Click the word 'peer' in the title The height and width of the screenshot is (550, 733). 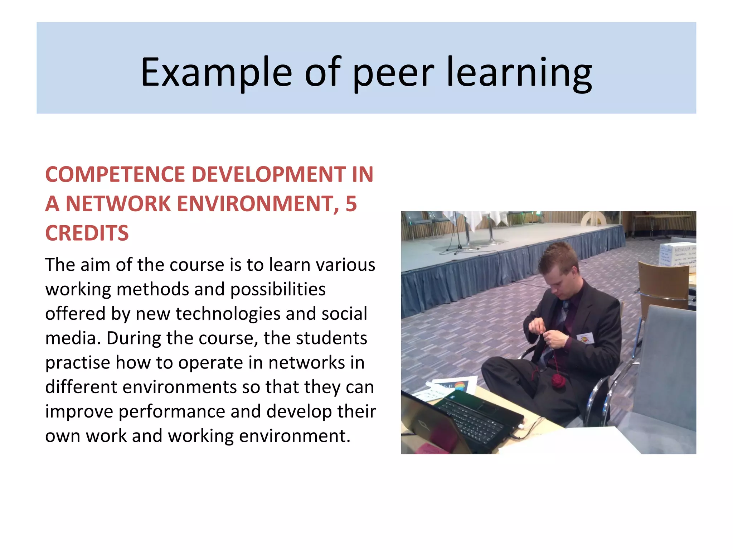[x=393, y=73]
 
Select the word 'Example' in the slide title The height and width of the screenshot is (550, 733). [x=216, y=73]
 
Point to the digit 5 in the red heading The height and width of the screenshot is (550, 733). [x=351, y=204]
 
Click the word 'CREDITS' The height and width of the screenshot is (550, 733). [x=87, y=233]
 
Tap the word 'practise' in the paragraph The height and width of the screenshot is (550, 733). [x=77, y=363]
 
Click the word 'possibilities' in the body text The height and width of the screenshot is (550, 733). [x=278, y=289]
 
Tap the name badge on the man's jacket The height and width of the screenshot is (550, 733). [x=585, y=338]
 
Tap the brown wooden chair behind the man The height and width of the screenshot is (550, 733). [x=664, y=286]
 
